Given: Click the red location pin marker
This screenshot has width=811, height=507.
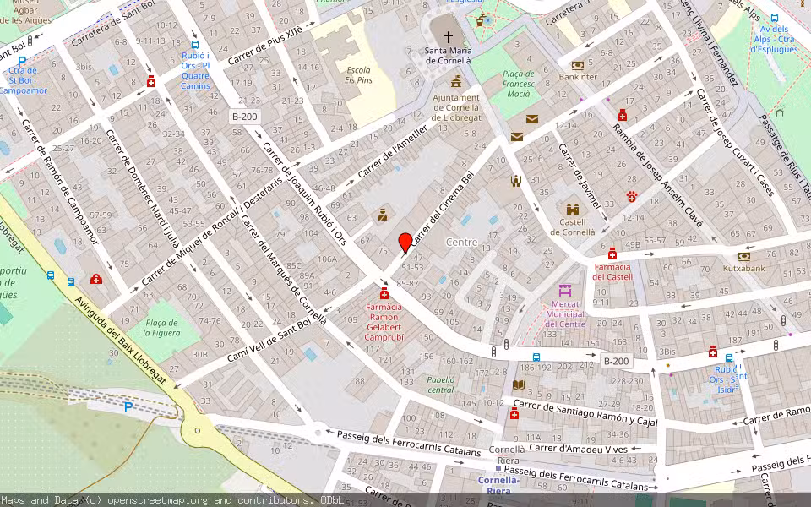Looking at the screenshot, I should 405,242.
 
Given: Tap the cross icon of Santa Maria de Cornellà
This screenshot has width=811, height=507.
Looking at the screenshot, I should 448,37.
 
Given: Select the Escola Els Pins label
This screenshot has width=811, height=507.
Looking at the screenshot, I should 358,74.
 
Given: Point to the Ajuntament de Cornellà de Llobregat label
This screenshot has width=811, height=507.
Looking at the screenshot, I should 456,107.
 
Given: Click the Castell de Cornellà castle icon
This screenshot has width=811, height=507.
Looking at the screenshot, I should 573,209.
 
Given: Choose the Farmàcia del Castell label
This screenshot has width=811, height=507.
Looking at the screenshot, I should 612,271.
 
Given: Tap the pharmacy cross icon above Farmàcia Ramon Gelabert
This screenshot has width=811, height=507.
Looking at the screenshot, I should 384,293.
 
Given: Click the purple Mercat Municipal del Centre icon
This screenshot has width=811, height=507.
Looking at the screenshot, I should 565,290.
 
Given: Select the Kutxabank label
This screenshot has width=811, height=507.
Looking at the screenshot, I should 743,268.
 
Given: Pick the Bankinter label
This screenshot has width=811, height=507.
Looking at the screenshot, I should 578,77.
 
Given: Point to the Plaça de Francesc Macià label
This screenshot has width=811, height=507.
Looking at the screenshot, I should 518,84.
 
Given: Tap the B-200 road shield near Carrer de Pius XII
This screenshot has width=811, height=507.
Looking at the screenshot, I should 245,117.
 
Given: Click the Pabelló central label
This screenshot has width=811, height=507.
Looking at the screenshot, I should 441,384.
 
